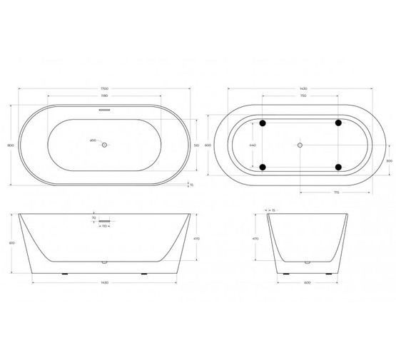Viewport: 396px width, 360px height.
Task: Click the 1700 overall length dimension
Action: [104, 88]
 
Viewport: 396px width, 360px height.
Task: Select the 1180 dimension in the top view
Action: [104, 95]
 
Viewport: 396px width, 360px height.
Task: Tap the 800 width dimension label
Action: [11, 145]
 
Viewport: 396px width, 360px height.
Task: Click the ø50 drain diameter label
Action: [93, 140]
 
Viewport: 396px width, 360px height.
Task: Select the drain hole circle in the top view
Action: [104, 145]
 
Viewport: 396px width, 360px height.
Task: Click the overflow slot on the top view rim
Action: [104, 110]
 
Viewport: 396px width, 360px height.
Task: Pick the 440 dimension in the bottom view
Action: [251, 145]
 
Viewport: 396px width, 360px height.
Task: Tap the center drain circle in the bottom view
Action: [300, 145]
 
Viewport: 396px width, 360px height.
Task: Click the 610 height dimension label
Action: [11, 243]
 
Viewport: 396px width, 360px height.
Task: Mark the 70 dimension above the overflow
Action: [94, 217]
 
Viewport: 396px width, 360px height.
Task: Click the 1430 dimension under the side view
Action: [104, 281]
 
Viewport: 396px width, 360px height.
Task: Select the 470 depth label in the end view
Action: [255, 238]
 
